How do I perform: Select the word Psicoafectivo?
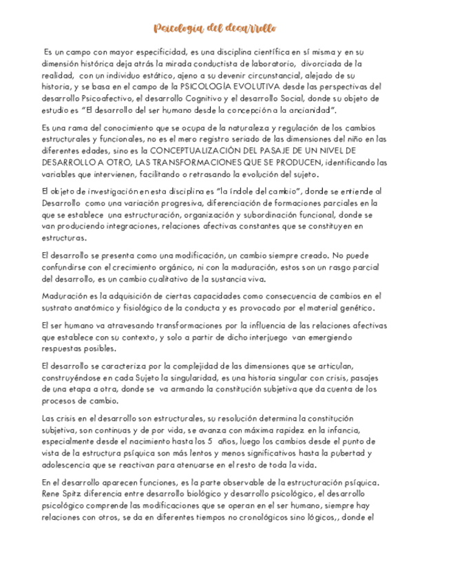[97, 98]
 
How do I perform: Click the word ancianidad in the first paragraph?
[311, 109]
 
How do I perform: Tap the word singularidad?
[202, 378]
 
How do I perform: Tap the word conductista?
[220, 63]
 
